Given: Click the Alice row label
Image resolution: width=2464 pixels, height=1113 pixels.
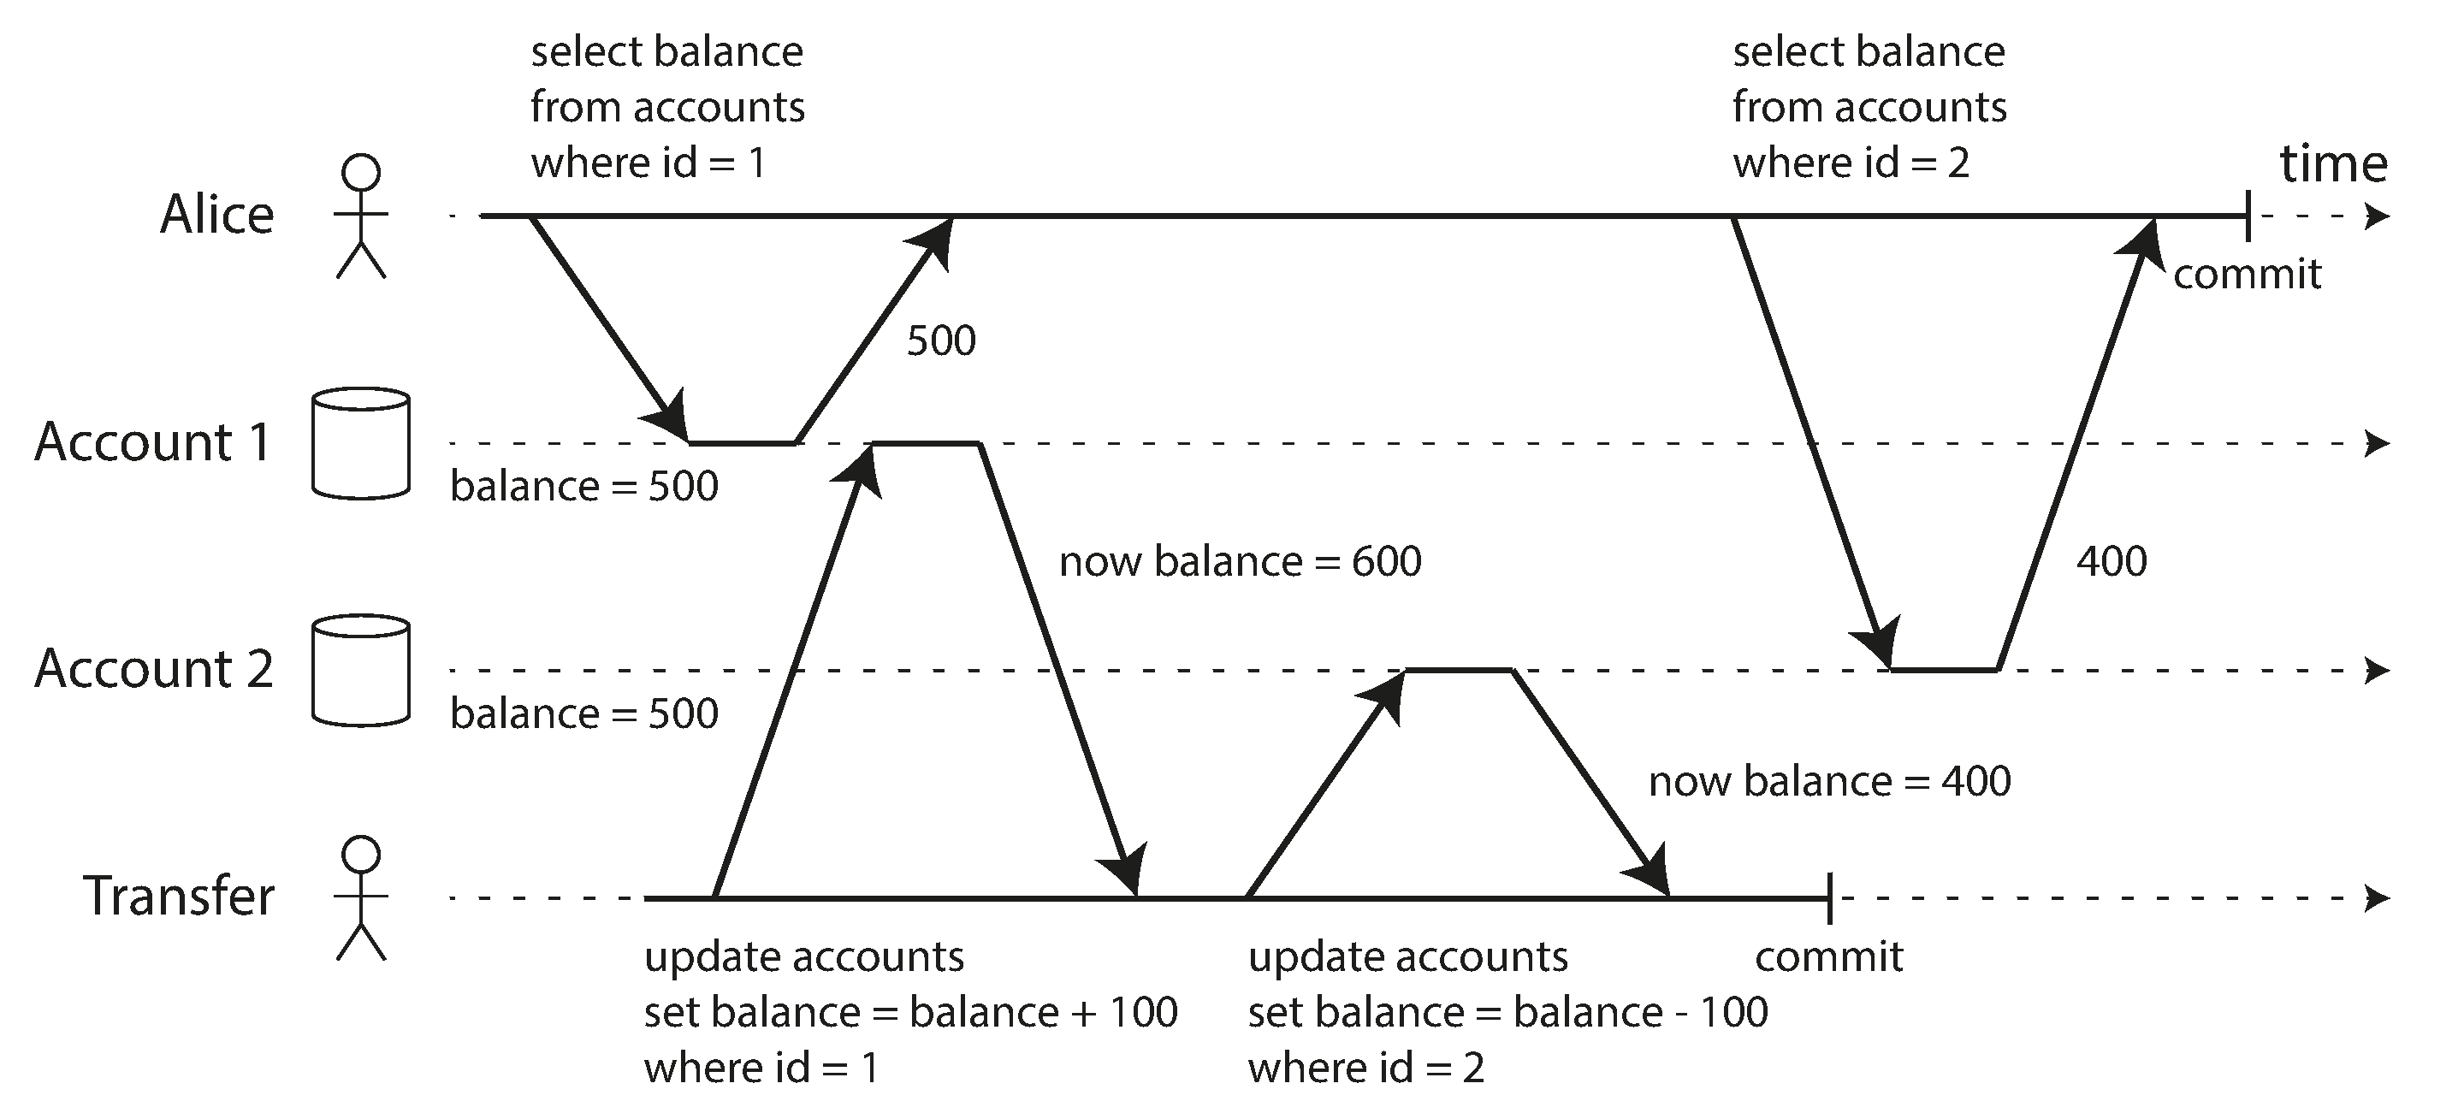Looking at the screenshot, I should pyautogui.click(x=217, y=214).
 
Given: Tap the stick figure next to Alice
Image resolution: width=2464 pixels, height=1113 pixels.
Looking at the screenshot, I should pyautogui.click(x=360, y=216).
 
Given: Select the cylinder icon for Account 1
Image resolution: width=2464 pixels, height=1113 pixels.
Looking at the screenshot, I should pyautogui.click(x=360, y=442).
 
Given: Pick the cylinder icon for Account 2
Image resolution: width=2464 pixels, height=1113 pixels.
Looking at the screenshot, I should pyautogui.click(x=360, y=671).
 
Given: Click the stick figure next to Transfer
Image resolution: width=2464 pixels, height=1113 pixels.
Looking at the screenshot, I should pyautogui.click(x=360, y=898).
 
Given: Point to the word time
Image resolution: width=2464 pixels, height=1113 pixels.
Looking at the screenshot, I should pyautogui.click(x=2333, y=163).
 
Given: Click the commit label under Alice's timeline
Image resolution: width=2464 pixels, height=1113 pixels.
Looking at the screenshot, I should pyautogui.click(x=2247, y=275).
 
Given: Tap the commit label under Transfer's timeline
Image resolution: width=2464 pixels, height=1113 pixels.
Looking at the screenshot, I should pyautogui.click(x=1828, y=957).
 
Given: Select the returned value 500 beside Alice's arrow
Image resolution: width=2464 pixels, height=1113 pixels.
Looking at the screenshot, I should pyautogui.click(x=941, y=341).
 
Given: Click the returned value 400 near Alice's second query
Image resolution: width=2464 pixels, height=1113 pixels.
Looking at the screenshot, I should pyautogui.click(x=2111, y=561).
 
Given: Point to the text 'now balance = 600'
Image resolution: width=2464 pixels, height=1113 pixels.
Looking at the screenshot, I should pyautogui.click(x=1240, y=561).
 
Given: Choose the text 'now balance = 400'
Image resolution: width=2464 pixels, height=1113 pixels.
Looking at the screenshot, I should pyautogui.click(x=1829, y=782).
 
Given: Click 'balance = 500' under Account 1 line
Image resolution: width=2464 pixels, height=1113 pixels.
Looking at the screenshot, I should pyautogui.click(x=583, y=487).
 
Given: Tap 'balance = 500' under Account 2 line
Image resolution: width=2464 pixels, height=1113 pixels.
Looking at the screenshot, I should pyautogui.click(x=583, y=714).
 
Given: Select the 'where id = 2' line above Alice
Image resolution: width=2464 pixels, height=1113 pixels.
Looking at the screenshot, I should pyautogui.click(x=1850, y=163).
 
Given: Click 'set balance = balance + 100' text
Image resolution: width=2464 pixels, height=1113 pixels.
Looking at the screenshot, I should pyautogui.click(x=909, y=1013).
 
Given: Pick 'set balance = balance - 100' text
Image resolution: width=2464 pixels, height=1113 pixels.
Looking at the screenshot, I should pyautogui.click(x=1507, y=1013).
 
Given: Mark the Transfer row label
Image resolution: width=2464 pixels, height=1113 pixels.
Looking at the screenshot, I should pyautogui.click(x=179, y=897).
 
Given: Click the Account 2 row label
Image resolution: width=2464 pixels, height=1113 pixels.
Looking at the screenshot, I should pyautogui.click(x=154, y=668).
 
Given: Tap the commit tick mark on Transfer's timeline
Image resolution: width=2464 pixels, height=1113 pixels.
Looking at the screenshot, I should pyautogui.click(x=1829, y=898).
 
